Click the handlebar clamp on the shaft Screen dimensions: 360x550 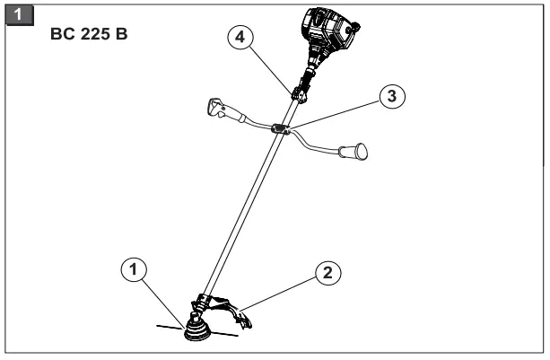click(279, 129)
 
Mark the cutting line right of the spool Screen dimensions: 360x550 click(225, 334)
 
